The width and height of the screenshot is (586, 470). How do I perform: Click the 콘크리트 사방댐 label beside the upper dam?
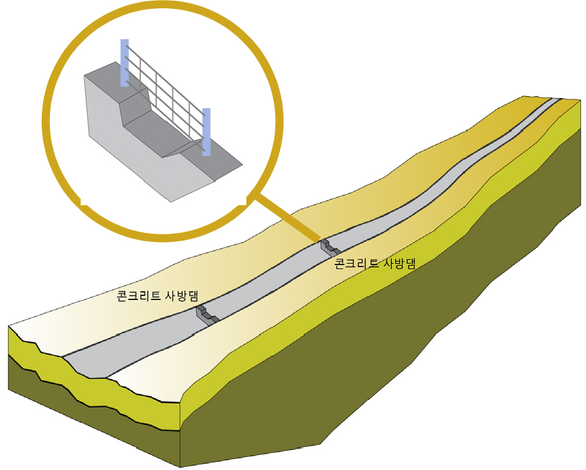(375, 264)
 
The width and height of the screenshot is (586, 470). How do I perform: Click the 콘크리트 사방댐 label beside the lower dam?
(157, 296)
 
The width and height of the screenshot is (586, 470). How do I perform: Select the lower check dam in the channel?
(207, 314)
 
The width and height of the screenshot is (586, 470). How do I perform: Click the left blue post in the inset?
(125, 62)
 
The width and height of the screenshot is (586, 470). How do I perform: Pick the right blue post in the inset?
(206, 132)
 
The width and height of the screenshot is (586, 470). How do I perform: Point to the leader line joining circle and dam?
(288, 217)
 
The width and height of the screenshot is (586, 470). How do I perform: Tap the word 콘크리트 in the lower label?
(138, 296)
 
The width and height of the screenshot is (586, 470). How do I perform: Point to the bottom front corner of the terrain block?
(180, 467)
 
